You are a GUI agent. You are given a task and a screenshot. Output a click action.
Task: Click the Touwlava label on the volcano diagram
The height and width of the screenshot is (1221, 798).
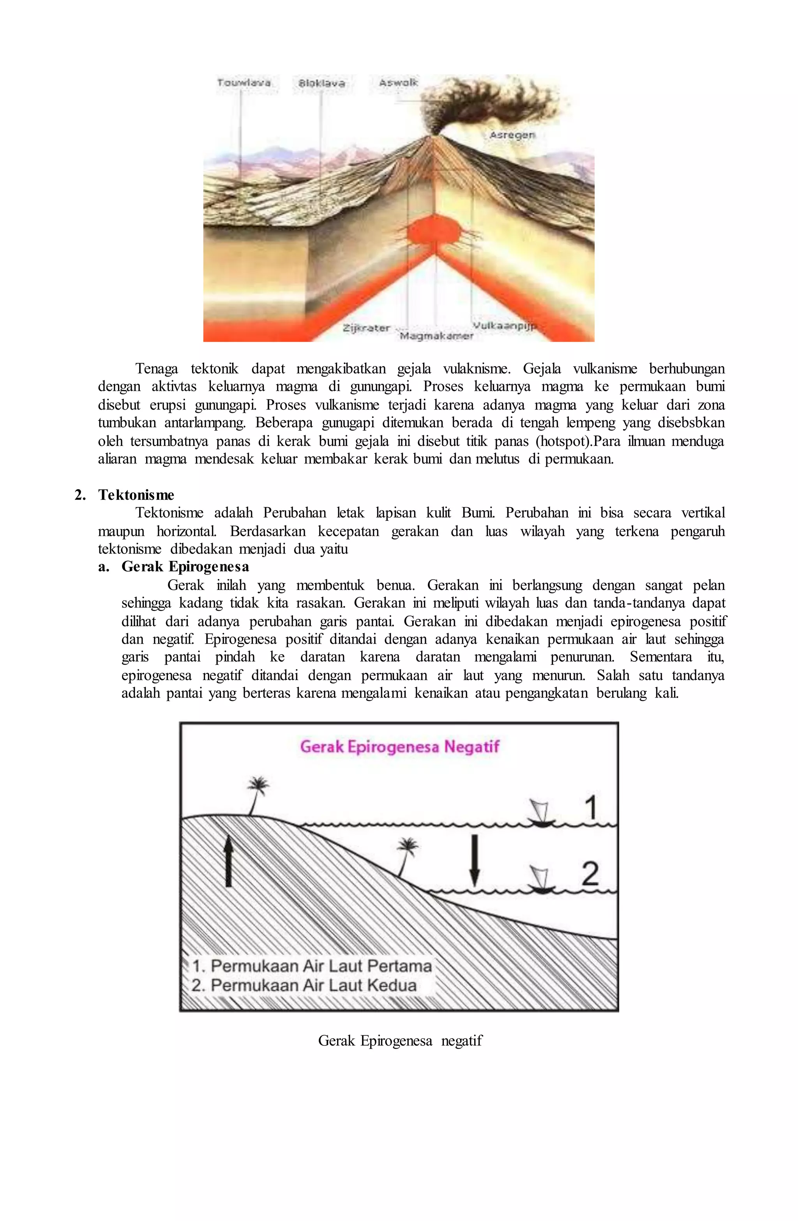(244, 83)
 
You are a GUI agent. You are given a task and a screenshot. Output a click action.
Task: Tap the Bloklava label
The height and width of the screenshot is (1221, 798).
(321, 83)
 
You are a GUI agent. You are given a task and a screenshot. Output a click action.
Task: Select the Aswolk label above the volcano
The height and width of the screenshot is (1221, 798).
(398, 82)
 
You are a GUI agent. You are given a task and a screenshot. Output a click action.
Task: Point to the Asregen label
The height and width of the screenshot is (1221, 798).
(512, 135)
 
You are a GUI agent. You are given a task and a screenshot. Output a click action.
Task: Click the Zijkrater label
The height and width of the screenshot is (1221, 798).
(366, 328)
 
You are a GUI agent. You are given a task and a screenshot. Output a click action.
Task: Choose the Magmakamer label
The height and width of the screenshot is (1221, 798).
(436, 336)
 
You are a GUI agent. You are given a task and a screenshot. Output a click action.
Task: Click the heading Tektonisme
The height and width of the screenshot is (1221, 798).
(136, 495)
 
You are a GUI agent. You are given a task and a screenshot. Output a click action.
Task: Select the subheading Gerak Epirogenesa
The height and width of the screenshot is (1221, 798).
(185, 566)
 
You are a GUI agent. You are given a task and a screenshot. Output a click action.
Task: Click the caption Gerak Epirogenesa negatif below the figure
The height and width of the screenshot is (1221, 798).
(400, 1040)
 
